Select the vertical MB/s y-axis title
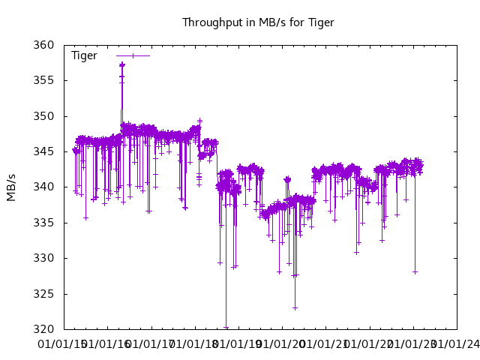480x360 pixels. pos(11,187)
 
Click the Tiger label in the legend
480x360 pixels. pos(84,55)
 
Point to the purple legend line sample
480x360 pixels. pos(133,55)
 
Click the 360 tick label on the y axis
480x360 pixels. pos(44,45)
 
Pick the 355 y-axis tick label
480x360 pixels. pos(44,80)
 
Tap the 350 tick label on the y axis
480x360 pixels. pos(44,116)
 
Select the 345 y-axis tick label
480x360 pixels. pos(44,151)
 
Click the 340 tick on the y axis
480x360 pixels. pos(44,187)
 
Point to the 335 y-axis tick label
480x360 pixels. pos(44,223)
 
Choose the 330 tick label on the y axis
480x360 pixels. pos(44,258)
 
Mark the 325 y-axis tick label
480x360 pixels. pos(44,294)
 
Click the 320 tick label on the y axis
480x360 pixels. pos(44,329)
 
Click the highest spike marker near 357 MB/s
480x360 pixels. pos(121,64)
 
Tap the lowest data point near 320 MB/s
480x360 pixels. pos(226,328)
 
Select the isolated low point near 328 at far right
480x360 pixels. pos(415,271)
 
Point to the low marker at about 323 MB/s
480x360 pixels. pos(295,307)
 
